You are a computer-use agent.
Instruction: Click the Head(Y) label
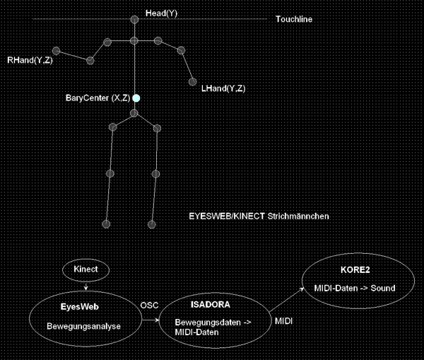pos(162,13)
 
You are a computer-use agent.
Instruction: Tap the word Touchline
pos(294,19)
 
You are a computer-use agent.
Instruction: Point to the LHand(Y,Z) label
pos(223,88)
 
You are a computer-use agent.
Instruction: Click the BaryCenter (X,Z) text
pos(96,98)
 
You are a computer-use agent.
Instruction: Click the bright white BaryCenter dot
pos(136,98)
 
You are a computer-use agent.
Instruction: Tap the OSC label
pos(151,305)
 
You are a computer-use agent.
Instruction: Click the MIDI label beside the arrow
pos(283,322)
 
